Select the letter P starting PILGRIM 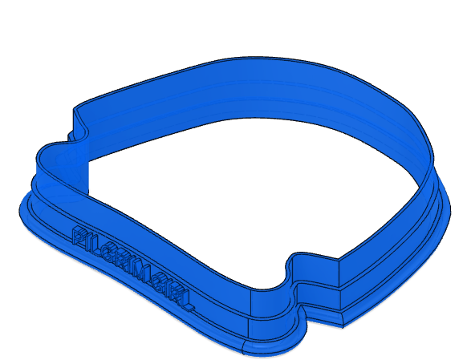coord(81,237)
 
